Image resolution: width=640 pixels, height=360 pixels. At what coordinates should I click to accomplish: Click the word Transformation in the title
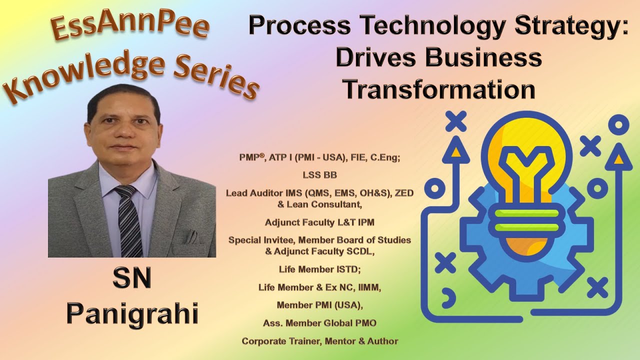[x=439, y=90]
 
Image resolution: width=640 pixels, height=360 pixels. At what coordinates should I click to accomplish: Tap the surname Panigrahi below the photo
[x=132, y=314]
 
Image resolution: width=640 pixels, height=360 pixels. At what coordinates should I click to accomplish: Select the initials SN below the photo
[x=132, y=279]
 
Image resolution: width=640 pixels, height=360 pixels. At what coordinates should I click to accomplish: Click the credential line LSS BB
[x=319, y=175]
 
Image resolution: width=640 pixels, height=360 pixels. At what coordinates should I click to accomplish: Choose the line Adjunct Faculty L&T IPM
[x=319, y=221]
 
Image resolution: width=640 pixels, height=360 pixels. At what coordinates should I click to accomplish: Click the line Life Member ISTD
[x=319, y=269]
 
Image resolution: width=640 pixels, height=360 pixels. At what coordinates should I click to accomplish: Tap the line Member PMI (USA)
[x=319, y=305]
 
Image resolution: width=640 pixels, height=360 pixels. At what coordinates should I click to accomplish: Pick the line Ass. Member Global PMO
[x=319, y=323]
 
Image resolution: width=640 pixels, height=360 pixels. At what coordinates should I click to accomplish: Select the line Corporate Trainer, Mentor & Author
[x=319, y=341]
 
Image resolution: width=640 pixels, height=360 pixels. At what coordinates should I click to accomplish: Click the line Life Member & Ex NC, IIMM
[x=319, y=287]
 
